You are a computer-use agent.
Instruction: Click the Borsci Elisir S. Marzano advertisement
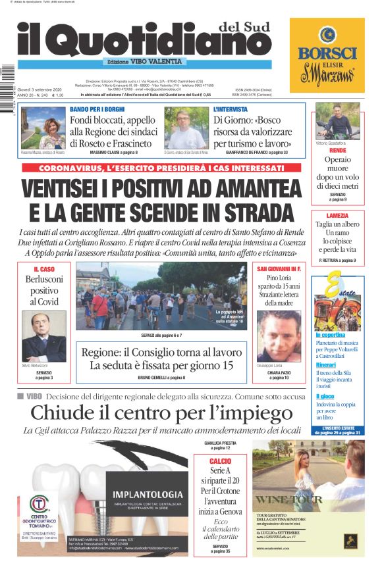[x=327, y=55]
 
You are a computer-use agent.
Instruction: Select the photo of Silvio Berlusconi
[x=44, y=336]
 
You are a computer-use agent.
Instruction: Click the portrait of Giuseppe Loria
[x=279, y=336]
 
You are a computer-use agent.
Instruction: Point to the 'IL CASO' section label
[x=44, y=270]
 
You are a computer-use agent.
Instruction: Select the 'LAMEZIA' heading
[x=337, y=215]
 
